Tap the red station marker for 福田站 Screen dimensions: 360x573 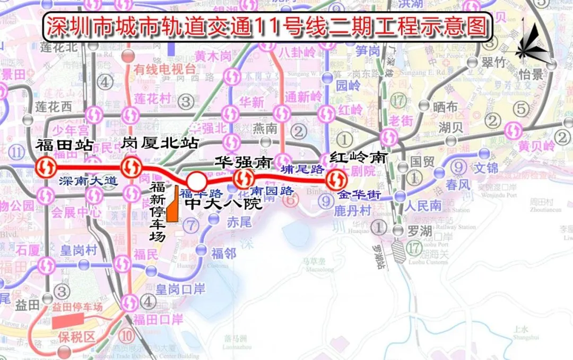click(x=47, y=168)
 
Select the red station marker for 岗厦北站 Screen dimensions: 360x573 click(x=131, y=168)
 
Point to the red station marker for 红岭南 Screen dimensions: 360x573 click(x=336, y=179)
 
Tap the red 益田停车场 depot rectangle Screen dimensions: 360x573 click(x=68, y=320)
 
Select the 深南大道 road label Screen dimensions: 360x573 click(x=89, y=181)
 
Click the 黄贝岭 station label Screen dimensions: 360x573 click(x=536, y=146)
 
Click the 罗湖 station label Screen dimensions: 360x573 click(x=416, y=230)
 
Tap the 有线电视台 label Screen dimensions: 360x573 click(x=157, y=68)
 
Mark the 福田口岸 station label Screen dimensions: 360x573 click(x=158, y=319)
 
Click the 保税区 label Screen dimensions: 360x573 click(x=76, y=337)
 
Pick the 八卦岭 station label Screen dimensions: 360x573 click(x=300, y=52)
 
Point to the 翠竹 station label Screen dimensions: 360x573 click(x=493, y=62)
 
